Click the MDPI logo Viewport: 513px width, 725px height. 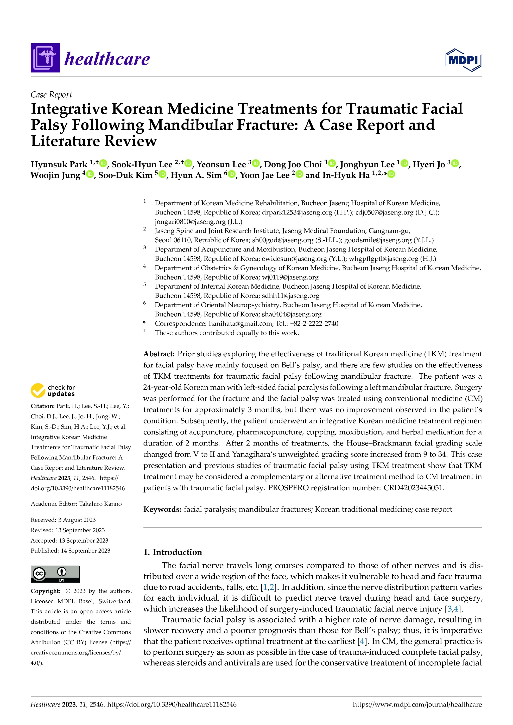(463, 60)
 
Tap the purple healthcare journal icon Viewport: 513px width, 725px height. (45, 58)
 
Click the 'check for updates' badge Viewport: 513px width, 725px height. (53, 390)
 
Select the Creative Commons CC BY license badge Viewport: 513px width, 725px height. (55, 574)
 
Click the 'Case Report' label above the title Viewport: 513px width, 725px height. (51, 95)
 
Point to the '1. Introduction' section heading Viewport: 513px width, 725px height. (173, 552)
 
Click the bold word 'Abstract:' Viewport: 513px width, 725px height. (159, 354)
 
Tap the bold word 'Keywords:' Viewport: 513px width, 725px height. (162, 509)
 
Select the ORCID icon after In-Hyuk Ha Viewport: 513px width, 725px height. (391, 174)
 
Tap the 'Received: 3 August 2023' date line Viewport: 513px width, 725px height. (63, 520)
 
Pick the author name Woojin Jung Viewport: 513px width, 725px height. (55, 175)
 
